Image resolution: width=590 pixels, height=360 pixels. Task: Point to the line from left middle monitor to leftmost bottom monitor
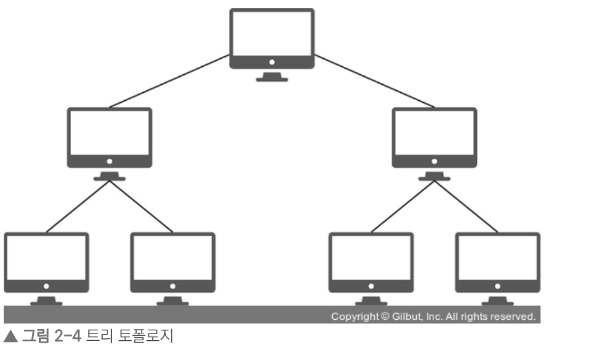coord(77,207)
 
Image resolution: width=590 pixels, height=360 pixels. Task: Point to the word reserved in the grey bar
coord(515,317)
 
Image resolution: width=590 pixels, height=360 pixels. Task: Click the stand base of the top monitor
coord(272,80)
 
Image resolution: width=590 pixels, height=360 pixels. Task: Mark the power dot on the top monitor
coord(272,62)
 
